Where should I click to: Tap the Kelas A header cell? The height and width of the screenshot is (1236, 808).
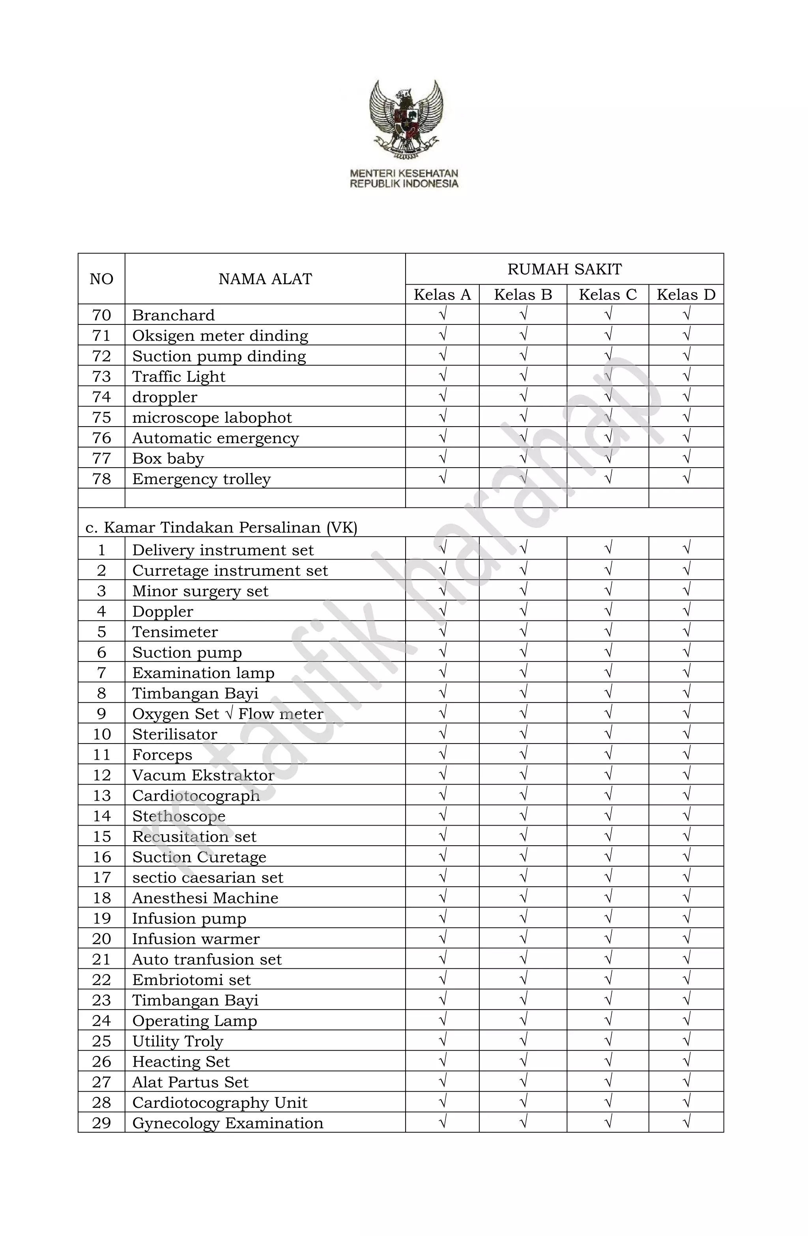pos(442,294)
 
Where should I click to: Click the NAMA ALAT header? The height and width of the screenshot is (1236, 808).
pos(265,279)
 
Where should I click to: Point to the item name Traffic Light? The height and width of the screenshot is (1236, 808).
pos(179,376)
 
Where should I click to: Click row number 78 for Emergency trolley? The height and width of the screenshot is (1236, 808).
pos(101,479)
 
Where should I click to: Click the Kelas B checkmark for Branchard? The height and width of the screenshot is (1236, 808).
pos(523,314)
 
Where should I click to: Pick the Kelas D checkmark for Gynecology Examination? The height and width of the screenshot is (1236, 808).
pos(686,1122)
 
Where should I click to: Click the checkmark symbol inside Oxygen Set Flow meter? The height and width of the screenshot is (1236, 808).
pos(228,713)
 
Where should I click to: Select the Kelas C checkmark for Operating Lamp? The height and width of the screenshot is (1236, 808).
pos(608,1020)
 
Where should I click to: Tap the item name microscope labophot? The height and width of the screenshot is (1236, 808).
pos(212,418)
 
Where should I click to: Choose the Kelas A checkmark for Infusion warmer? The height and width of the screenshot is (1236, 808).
pos(442,938)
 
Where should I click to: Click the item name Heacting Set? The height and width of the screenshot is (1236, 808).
pos(181,1062)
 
